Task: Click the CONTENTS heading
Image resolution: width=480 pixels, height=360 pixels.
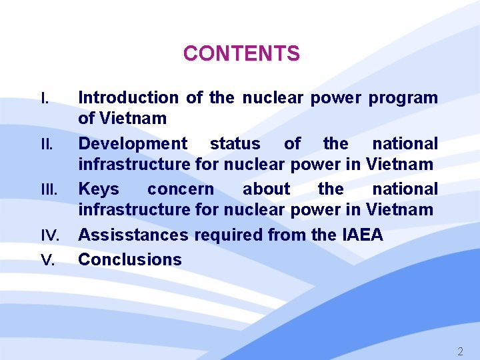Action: (241, 53)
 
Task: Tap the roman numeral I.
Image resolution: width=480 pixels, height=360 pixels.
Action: (45, 99)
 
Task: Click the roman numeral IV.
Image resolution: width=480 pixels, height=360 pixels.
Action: (51, 236)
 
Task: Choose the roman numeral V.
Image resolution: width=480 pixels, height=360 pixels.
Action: (47, 260)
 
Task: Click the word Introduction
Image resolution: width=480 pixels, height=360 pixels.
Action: (128, 98)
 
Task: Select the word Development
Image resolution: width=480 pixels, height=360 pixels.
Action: (133, 144)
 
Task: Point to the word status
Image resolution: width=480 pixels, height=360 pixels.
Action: (235, 144)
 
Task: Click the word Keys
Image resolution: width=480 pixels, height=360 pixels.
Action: (99, 189)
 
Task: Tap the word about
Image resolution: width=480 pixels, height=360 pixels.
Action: (266, 189)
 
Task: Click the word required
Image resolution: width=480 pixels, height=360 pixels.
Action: (230, 235)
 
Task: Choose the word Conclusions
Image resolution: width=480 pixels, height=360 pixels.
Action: (130, 259)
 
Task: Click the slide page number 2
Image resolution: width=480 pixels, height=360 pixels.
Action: (459, 351)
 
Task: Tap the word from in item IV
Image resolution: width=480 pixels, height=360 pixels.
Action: (288, 235)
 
